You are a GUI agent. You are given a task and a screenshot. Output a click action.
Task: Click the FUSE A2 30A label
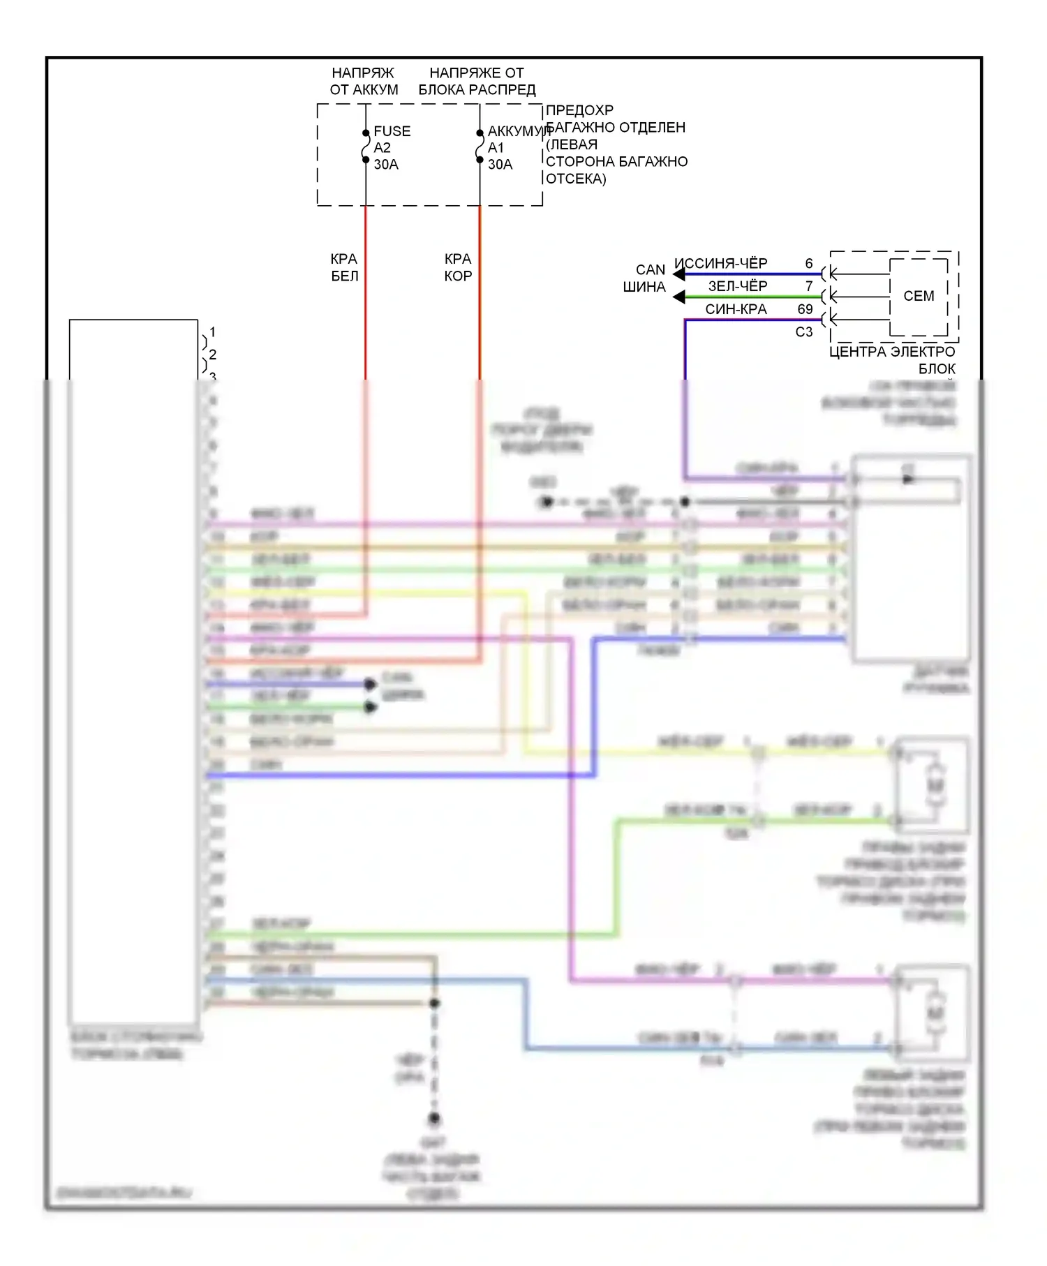pos(391,147)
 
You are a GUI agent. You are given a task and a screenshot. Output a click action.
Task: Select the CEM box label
pos(918,296)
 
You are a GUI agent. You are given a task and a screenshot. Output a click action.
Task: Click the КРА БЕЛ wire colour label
pos(344,267)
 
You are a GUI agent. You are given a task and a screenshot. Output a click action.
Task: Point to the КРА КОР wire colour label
pos(458,267)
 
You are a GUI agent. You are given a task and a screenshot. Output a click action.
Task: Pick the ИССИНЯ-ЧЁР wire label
pos(721,263)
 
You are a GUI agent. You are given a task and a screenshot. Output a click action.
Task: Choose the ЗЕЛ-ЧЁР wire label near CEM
pos(737,286)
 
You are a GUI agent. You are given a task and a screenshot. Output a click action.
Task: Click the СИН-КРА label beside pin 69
pos(736,309)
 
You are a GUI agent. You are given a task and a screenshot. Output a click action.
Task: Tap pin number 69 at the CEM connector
pos(805,309)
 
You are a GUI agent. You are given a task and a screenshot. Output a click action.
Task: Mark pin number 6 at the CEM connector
pos(809,263)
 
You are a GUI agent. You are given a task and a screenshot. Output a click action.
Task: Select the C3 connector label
pos(804,332)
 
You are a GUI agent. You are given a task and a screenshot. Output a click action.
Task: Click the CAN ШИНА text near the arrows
pos(645,278)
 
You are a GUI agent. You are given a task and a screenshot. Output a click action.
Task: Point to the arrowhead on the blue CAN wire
pos(678,274)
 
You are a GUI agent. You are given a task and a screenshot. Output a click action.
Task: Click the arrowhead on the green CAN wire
pos(678,297)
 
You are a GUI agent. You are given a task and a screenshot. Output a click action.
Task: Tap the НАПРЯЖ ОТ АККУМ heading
pos(364,81)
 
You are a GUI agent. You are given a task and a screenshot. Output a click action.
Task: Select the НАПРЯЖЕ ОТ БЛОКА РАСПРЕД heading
pos(477,81)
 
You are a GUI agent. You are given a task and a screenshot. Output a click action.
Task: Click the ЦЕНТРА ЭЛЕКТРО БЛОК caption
pos(892,359)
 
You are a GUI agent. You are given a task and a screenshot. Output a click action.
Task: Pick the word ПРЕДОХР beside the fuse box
pos(579,110)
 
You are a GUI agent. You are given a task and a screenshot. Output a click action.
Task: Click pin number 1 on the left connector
pos(212,332)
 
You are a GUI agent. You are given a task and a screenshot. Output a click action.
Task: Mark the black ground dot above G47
pos(434,1119)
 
